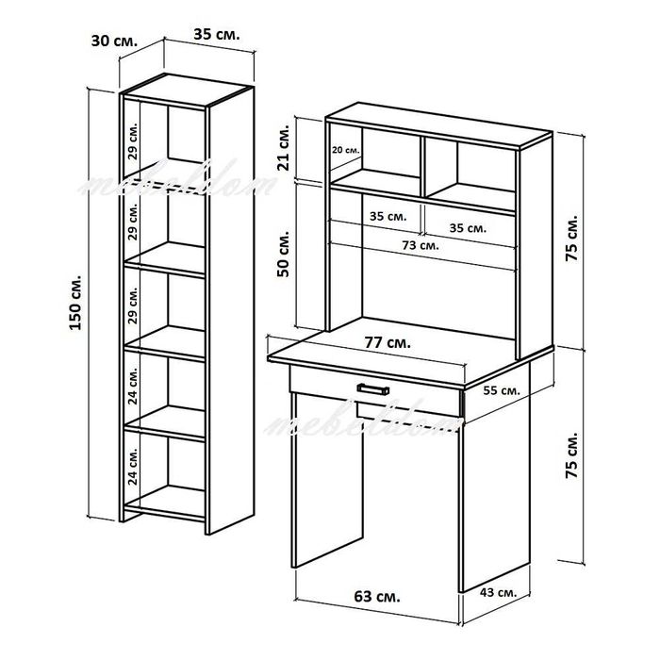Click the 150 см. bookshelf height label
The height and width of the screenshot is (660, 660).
click(x=75, y=303)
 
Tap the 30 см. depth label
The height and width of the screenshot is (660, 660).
click(x=114, y=41)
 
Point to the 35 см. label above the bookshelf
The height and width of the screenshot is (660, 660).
click(x=217, y=35)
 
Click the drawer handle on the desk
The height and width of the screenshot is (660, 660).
click(x=373, y=388)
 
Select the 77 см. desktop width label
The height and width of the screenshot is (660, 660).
click(x=388, y=343)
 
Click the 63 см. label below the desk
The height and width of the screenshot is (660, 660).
click(x=377, y=597)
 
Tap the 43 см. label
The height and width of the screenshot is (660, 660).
click(x=498, y=593)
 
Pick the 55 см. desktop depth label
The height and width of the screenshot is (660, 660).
click(x=502, y=390)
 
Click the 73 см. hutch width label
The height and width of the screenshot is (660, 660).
click(x=421, y=245)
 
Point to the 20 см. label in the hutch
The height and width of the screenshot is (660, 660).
click(x=346, y=150)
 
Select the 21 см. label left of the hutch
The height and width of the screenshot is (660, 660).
click(x=284, y=147)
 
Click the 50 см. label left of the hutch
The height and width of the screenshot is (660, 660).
click(x=284, y=254)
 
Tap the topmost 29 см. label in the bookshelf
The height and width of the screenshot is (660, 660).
click(x=133, y=141)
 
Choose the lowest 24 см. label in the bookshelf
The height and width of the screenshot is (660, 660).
click(x=133, y=467)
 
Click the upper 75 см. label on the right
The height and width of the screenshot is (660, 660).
click(x=572, y=239)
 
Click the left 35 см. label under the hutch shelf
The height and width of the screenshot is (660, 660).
click(x=388, y=216)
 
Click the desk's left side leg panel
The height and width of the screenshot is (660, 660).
click(x=326, y=480)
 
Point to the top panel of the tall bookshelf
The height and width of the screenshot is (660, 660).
click(x=186, y=91)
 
